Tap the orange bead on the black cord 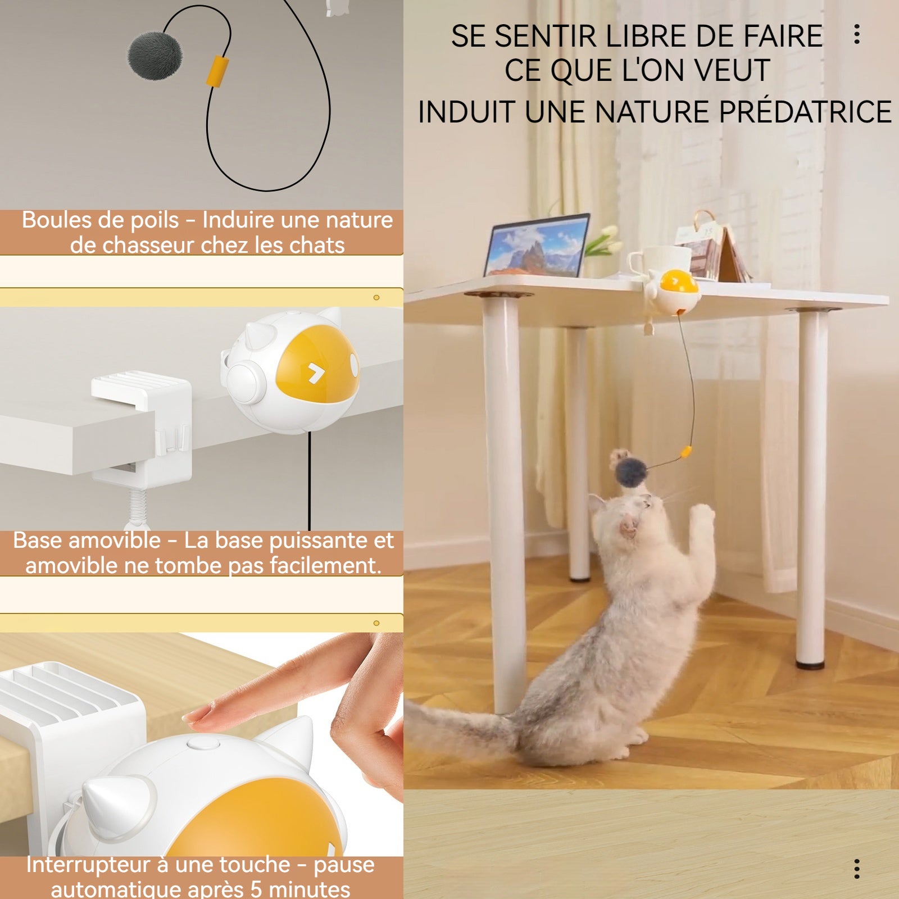[217, 71]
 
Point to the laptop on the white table [537, 245]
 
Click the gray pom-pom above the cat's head [630, 472]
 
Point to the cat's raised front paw [702, 514]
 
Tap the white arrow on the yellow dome [316, 373]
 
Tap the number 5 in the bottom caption [256, 889]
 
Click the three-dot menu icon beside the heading [857, 34]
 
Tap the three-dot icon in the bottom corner [857, 869]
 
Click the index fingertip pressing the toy [194, 717]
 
